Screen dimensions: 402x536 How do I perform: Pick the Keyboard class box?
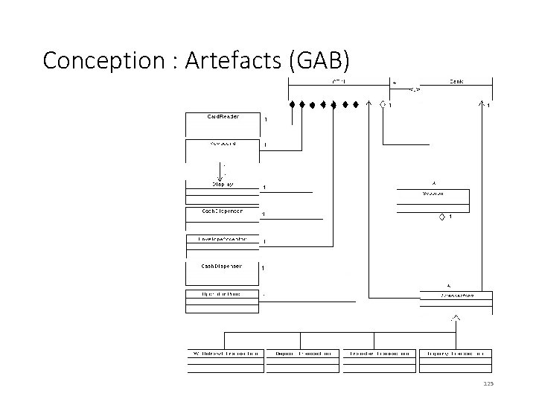221,150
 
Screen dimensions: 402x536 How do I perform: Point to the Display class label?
222,184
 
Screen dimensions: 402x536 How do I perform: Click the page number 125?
488,384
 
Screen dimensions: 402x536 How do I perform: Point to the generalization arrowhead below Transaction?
455,319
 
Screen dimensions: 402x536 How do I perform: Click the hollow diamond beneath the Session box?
441,216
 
